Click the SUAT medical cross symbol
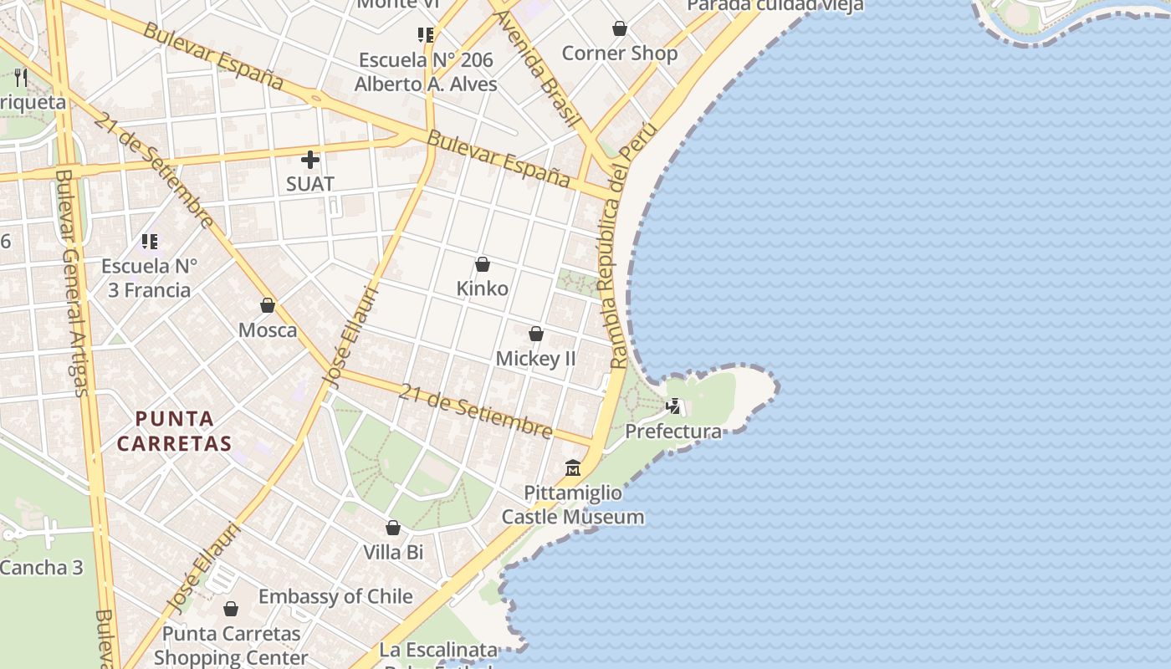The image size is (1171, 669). [310, 159]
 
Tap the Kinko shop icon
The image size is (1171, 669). [483, 265]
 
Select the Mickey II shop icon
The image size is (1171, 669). [536, 334]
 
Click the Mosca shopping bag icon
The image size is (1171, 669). [268, 305]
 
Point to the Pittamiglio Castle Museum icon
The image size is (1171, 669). [573, 467]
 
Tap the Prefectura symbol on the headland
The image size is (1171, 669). [673, 406]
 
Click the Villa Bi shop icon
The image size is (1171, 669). [393, 528]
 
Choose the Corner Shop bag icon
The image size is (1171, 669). [620, 29]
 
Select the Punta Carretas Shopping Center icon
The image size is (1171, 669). [230, 609]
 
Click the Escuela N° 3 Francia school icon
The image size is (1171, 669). [150, 242]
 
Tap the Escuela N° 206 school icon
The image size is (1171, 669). [426, 35]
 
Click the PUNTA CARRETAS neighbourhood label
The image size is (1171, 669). [173, 431]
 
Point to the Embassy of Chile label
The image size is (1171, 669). [335, 596]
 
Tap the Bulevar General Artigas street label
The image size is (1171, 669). [70, 284]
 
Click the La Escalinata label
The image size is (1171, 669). [438, 650]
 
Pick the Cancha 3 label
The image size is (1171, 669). [42, 568]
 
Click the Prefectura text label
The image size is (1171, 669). [673, 432]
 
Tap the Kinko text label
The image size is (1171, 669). [483, 289]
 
